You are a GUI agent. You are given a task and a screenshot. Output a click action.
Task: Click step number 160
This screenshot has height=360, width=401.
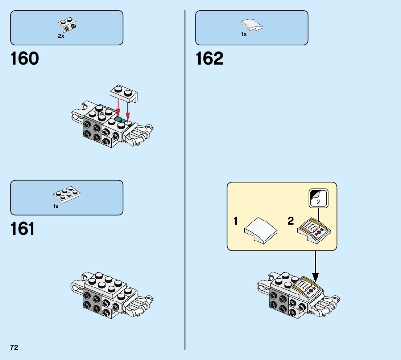point(25,59)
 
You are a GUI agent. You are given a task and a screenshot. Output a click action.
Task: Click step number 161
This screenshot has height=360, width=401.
point(23,229)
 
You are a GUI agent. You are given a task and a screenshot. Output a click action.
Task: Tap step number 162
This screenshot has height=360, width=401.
point(210,59)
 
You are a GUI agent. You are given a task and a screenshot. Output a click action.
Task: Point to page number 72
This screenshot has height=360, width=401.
point(14,347)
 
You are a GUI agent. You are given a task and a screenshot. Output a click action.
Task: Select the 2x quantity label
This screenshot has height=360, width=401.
point(61,36)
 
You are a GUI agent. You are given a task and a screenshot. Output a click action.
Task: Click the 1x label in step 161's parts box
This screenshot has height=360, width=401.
point(56,206)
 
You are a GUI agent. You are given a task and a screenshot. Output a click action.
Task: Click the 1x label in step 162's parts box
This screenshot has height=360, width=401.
point(244,34)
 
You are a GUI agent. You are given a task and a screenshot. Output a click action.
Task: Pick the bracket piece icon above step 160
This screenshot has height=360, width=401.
point(67,24)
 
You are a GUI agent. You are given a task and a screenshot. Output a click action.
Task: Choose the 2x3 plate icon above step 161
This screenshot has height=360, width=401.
point(67,195)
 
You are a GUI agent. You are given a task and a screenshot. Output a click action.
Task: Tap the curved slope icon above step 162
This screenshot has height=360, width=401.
point(252,25)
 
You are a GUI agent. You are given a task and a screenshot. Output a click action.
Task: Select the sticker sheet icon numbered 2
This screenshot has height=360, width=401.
point(318,198)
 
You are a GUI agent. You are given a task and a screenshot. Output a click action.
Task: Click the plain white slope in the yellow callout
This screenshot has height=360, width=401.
point(261,230)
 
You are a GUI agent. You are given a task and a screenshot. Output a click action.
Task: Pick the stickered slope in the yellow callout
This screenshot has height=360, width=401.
point(315,232)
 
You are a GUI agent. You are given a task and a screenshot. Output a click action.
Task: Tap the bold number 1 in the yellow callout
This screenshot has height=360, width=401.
point(236,221)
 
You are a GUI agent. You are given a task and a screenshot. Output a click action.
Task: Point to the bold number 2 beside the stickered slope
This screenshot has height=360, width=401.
point(291,221)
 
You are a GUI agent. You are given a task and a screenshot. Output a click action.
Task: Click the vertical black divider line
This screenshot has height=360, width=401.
point(185,181)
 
